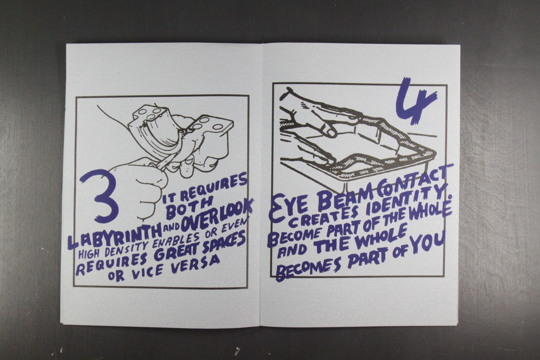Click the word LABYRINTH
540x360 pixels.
[114, 237]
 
